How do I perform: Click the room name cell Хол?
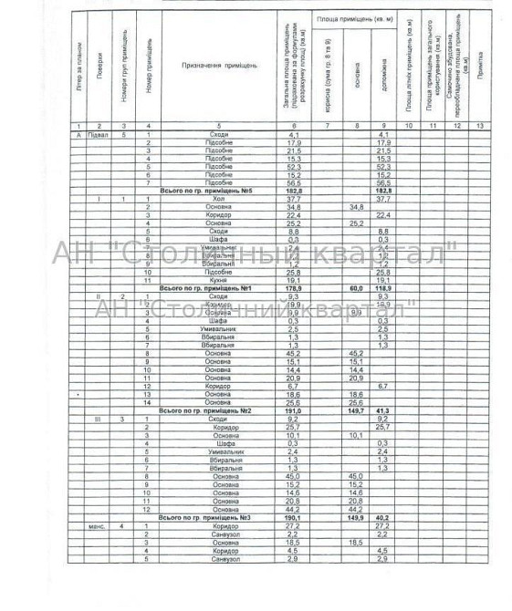click(217, 199)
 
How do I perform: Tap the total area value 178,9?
click(294, 288)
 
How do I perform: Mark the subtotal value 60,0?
click(356, 288)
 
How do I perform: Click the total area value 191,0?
click(294, 410)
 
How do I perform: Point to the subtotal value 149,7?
click(356, 410)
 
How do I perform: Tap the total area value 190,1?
click(294, 518)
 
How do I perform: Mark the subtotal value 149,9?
click(356, 518)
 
